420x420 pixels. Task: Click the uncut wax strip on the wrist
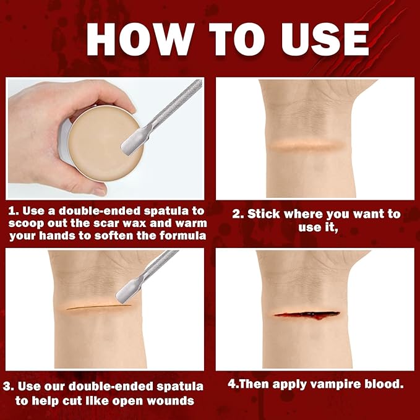point(305,145)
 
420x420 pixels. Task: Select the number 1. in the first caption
point(13,212)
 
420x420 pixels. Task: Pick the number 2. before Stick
point(237,215)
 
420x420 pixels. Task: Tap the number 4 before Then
point(231,384)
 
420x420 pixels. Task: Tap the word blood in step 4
point(384,384)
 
